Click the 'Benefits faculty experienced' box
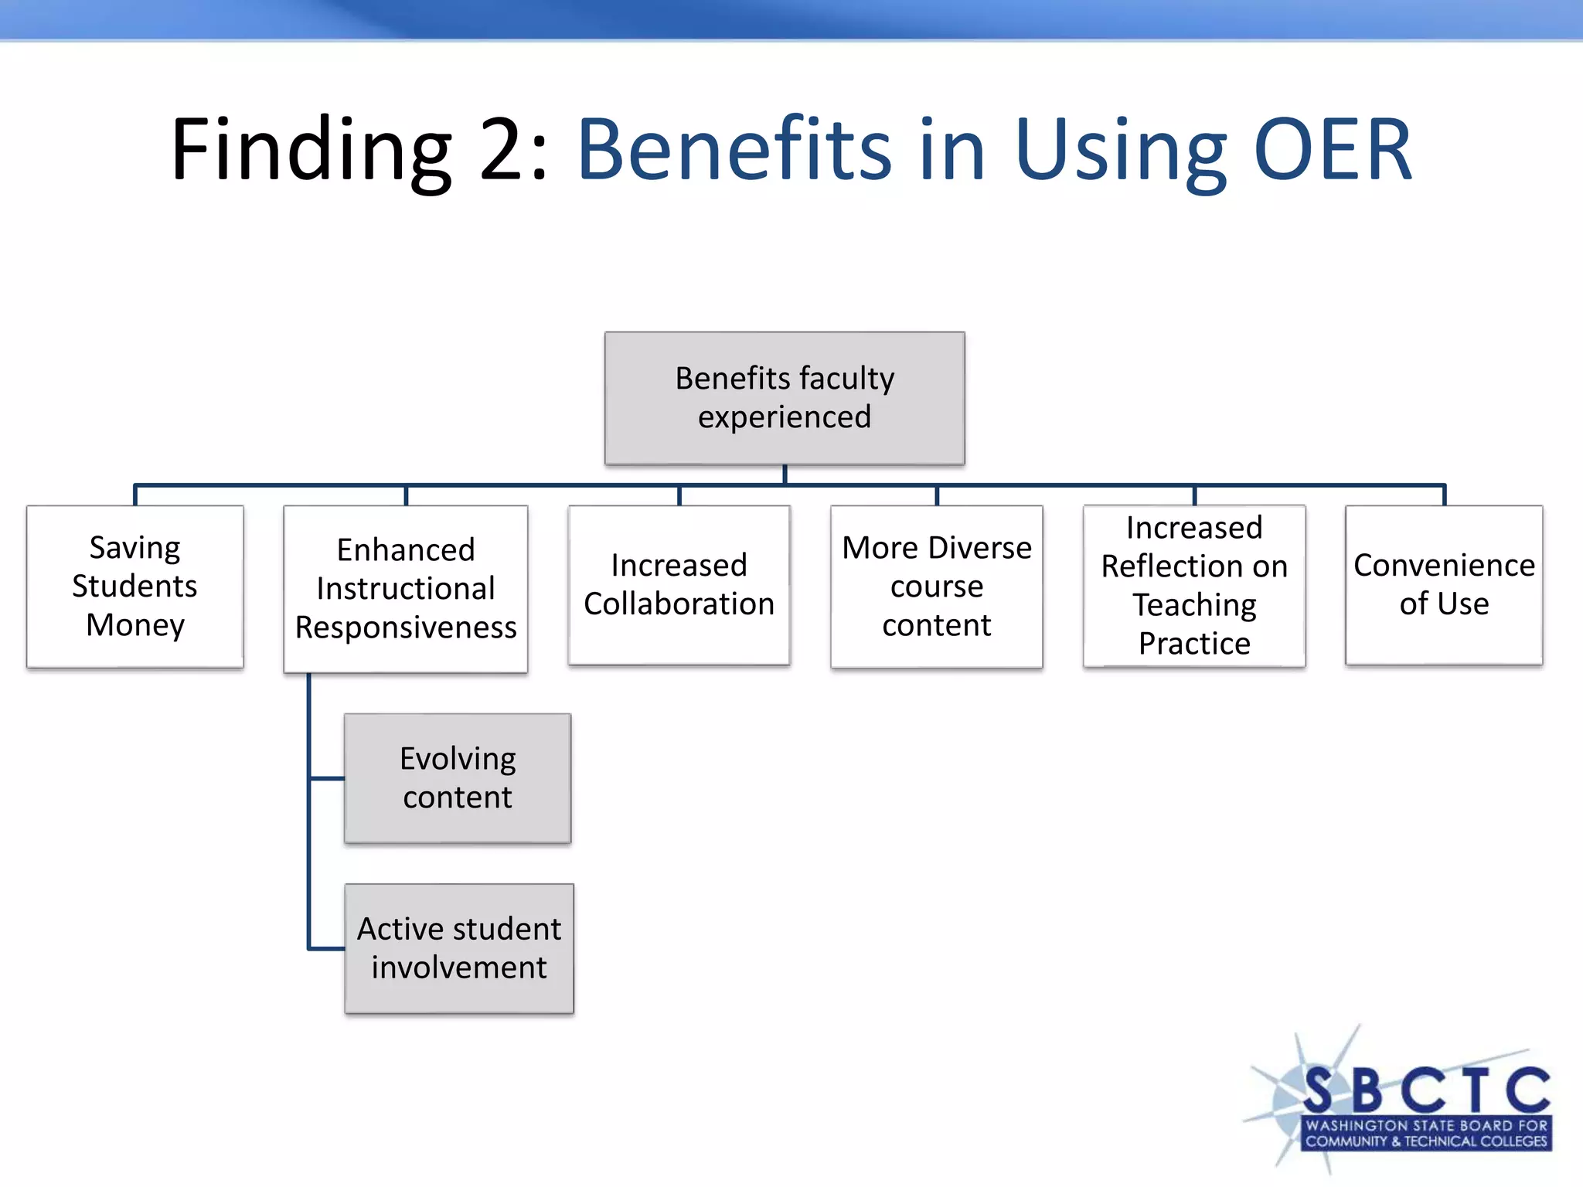click(785, 398)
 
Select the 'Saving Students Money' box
click(135, 587)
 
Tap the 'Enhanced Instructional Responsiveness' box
click(406, 589)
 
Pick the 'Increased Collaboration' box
click(679, 585)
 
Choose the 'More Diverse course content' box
click(937, 587)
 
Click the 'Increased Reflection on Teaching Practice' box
click(1194, 586)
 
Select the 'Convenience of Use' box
click(1444, 585)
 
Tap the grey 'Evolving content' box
click(458, 778)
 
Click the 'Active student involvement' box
click(459, 948)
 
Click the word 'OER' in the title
click(1333, 151)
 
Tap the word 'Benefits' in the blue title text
click(734, 151)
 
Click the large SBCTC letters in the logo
click(1426, 1090)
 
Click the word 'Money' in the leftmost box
click(135, 625)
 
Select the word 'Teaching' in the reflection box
click(1194, 605)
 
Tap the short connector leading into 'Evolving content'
click(327, 778)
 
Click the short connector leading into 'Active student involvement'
click(327, 948)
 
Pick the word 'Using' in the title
click(1120, 151)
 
